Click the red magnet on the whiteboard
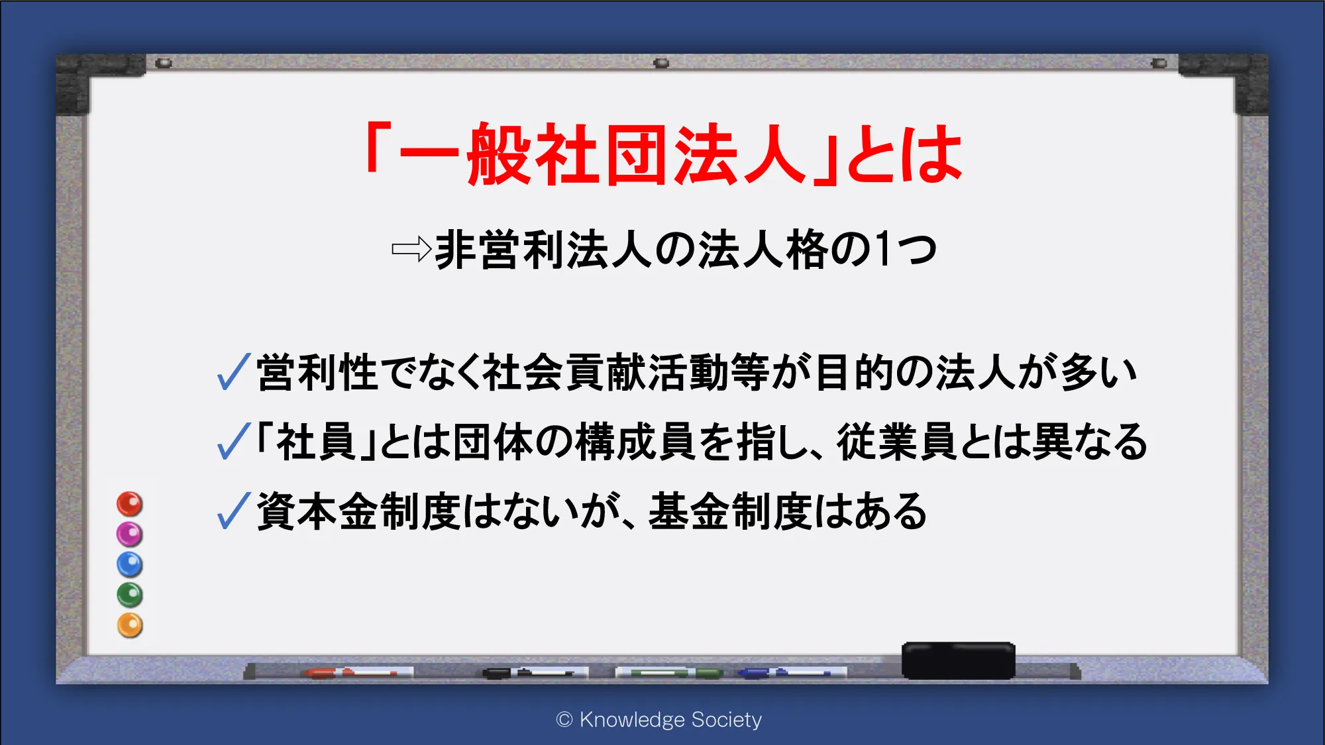click(x=130, y=504)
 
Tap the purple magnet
click(x=130, y=534)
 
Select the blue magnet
click(x=130, y=564)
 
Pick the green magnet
click(x=130, y=595)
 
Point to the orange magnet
click(x=130, y=625)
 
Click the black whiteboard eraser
click(x=958, y=660)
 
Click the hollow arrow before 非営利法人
click(x=411, y=250)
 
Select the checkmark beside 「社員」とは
click(x=234, y=441)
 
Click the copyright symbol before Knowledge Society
click(x=564, y=720)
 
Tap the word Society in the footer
click(x=726, y=720)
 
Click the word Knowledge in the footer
click(x=632, y=720)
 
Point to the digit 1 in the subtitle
click(x=882, y=250)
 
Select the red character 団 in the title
click(x=635, y=154)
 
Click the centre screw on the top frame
click(x=661, y=64)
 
